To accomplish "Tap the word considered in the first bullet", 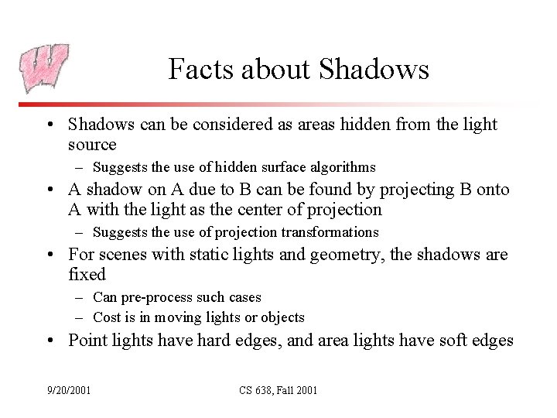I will click(x=220, y=124).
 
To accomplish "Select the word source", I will click(x=92, y=145).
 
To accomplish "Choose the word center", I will click(x=272, y=210).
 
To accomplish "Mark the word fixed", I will click(x=87, y=275).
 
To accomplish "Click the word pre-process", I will click(x=155, y=297).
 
